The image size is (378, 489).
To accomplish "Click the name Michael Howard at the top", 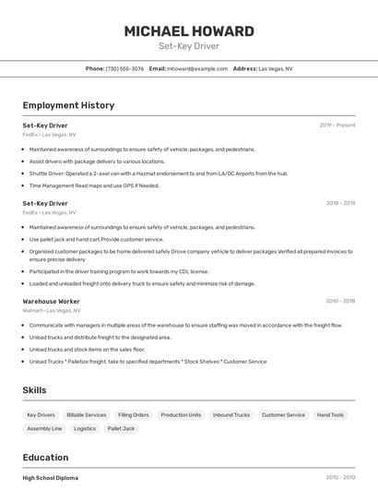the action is [x=188, y=30].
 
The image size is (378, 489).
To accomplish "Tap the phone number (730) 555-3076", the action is [x=124, y=68].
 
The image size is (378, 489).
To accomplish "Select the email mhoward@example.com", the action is [x=196, y=68].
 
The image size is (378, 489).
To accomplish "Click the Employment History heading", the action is [x=68, y=105].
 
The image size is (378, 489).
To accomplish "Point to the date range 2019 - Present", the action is [x=337, y=125].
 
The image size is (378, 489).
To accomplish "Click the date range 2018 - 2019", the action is [x=340, y=203].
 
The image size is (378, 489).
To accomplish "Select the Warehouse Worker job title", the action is [x=52, y=301].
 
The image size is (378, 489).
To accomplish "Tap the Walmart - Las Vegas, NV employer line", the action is [x=51, y=311].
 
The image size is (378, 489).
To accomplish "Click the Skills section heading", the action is [x=35, y=390].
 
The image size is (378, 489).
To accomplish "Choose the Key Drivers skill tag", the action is [x=41, y=415].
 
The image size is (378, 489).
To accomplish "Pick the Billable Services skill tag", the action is [x=87, y=415].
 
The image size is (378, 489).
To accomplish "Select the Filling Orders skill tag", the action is [x=134, y=415].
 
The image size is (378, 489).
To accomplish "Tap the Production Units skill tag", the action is [x=181, y=415].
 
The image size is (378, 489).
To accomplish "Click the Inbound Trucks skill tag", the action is [x=231, y=415].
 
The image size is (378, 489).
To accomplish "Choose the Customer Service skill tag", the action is [x=283, y=415].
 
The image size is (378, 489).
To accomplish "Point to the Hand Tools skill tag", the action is [x=330, y=415].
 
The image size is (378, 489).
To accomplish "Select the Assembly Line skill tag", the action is [x=44, y=429].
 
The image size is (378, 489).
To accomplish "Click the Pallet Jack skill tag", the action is [x=121, y=429].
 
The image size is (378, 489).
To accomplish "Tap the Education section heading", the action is [x=45, y=458].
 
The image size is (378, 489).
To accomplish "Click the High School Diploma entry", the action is [x=51, y=478].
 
